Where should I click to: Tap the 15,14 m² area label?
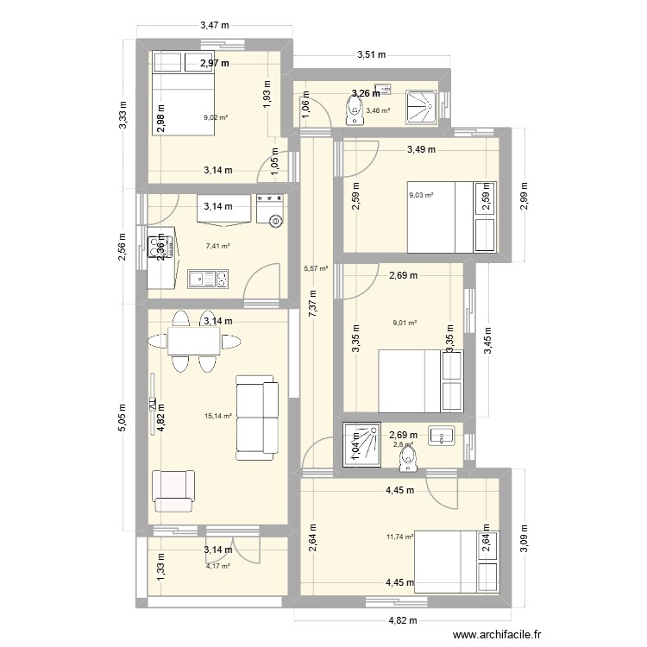[x=217, y=416]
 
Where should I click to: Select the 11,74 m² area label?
[x=400, y=537]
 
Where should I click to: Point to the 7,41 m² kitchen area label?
[x=217, y=246]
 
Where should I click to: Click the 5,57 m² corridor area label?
[x=317, y=268]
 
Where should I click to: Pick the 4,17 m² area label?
[x=217, y=566]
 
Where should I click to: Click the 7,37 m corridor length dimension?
[x=312, y=304]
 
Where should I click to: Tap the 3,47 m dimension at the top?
[x=215, y=26]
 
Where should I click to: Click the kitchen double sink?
[x=208, y=279]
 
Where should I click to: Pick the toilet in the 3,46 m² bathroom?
[x=354, y=109]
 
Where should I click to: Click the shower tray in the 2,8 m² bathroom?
[x=361, y=443]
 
